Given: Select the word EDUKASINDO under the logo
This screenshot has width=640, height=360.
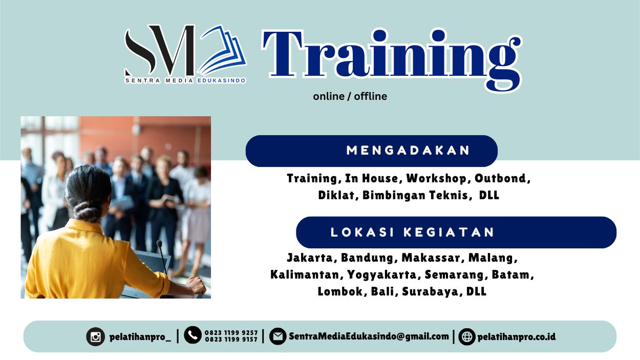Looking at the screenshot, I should click(221, 80).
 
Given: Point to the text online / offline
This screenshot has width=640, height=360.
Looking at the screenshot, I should click(350, 96).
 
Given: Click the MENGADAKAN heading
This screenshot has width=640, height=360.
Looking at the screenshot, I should click(408, 151).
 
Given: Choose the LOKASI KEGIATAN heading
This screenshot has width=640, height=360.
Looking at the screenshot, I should click(413, 232).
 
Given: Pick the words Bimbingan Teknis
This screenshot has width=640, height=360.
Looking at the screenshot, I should click(415, 195).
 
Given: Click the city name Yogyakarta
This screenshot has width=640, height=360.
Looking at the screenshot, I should click(381, 275).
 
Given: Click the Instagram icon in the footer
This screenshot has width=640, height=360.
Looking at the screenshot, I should click(95, 336).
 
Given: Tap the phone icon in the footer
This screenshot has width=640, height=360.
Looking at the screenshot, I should click(193, 335).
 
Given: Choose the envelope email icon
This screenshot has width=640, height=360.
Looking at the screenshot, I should click(278, 336).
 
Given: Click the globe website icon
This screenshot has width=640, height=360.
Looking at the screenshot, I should click(466, 336).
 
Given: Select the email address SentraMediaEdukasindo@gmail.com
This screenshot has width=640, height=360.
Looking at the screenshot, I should click(369, 336).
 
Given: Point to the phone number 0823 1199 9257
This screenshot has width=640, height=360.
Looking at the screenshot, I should click(231, 332).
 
